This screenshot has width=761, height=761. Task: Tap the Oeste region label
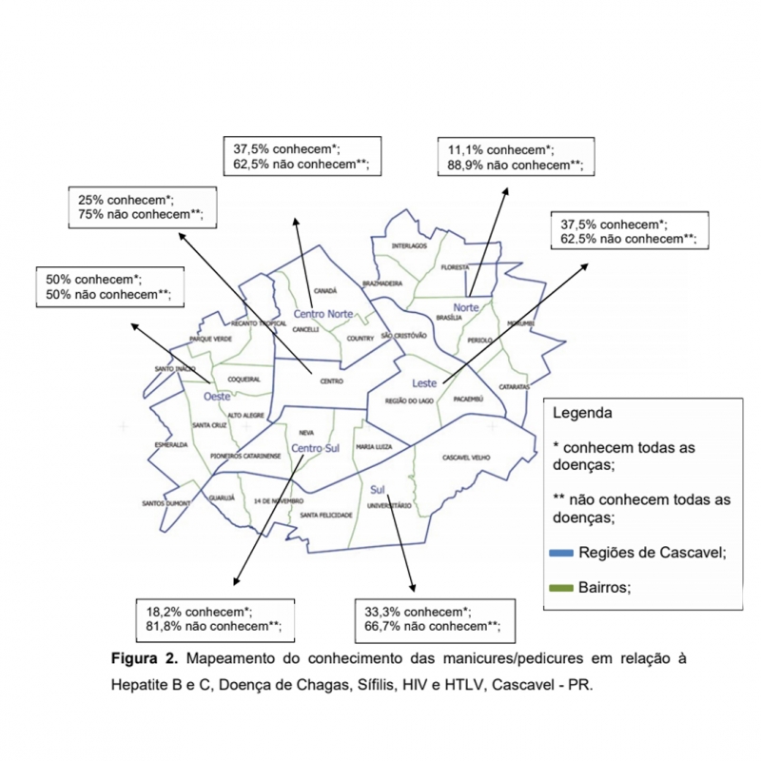pos(217,397)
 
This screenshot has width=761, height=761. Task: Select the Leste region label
pos(423,382)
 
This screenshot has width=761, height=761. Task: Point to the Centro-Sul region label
pos(315,448)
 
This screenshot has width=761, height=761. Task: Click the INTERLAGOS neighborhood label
pos(410,246)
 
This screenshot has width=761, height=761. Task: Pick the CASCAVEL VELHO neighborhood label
pos(465,458)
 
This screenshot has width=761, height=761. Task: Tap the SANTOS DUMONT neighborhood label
pos(166,503)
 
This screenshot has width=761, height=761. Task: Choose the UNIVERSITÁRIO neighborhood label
pos(388,505)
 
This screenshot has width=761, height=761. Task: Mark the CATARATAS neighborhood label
pos(514,387)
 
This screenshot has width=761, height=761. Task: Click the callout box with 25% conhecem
pos(141,207)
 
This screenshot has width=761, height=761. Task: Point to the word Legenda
pos(582,414)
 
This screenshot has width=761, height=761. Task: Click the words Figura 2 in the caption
pos(145,658)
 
